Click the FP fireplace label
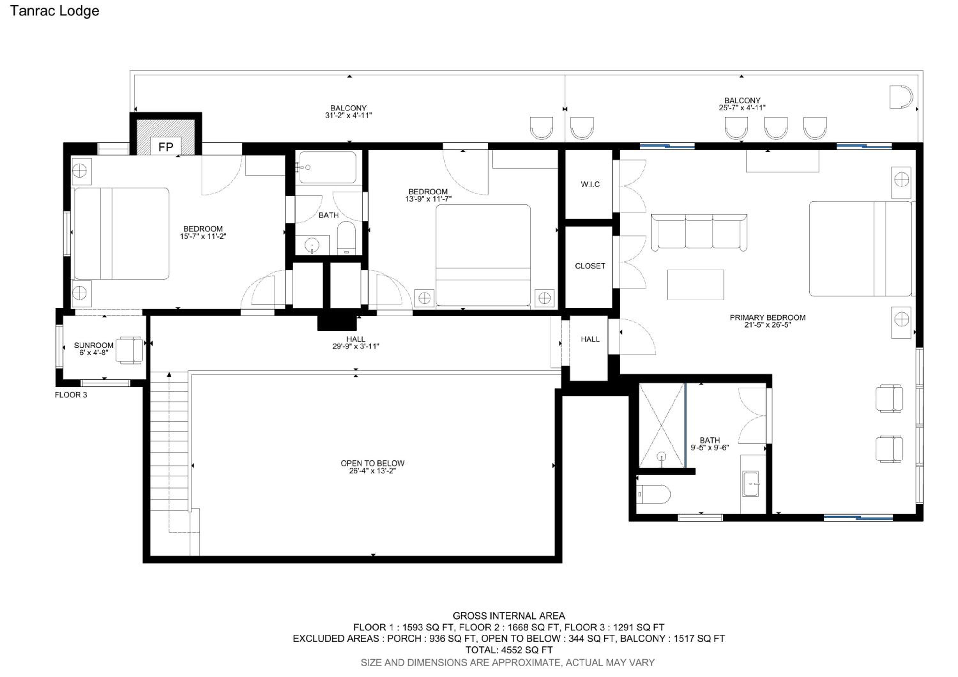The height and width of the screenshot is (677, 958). [x=166, y=147]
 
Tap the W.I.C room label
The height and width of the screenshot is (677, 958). [x=590, y=184]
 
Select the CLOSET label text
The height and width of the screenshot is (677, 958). [x=590, y=266]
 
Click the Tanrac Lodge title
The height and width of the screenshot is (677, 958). [x=55, y=11]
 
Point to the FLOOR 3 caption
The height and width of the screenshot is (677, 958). [x=71, y=395]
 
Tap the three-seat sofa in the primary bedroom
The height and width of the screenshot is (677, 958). [x=699, y=232]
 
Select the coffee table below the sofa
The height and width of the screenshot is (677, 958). [x=696, y=285]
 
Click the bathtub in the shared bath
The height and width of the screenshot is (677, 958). [x=328, y=167]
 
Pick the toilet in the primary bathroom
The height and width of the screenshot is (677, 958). [x=653, y=495]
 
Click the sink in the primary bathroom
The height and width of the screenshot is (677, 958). [x=751, y=484]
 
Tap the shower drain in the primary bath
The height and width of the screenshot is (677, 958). [x=661, y=456]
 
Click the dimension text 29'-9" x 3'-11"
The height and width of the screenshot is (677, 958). [x=355, y=346]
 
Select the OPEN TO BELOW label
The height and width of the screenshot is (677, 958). [x=373, y=463]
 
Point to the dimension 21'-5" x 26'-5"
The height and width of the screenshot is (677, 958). [x=767, y=325]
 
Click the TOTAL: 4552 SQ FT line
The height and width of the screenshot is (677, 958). [x=509, y=650]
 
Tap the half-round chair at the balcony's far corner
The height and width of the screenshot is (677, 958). [x=901, y=97]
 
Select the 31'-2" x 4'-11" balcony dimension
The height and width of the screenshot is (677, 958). [x=348, y=116]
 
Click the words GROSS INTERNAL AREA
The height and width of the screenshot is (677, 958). [x=509, y=616]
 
